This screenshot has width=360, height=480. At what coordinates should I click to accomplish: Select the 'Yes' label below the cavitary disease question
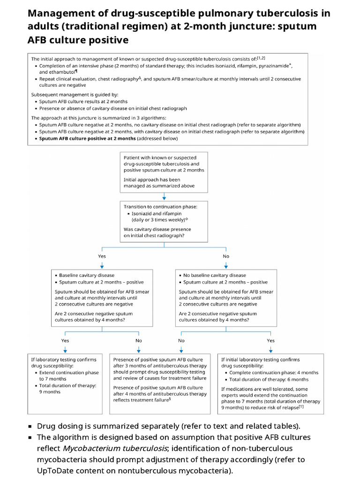[102, 256]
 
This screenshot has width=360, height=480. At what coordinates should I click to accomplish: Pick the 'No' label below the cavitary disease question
[226, 256]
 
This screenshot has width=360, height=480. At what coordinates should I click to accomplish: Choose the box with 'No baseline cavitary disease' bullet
[226, 298]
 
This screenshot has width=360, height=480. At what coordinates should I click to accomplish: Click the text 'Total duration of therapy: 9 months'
[67, 389]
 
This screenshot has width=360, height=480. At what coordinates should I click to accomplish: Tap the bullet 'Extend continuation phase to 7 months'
[68, 375]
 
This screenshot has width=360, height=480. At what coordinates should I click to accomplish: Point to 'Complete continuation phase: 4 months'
[274, 373]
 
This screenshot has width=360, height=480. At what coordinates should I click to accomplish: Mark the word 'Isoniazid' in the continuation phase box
[143, 213]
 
